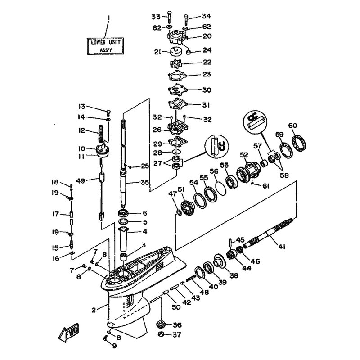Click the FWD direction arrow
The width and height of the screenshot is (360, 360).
[69, 332]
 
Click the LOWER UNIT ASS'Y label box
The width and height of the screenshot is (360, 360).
[106, 46]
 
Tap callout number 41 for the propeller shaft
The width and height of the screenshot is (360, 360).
[282, 247]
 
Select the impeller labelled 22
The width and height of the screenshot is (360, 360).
[175, 63]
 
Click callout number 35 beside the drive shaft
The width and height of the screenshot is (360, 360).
[144, 183]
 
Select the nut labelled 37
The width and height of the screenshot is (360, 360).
[162, 334]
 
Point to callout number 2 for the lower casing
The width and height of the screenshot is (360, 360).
[94, 310]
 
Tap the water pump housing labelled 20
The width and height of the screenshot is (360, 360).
[176, 37]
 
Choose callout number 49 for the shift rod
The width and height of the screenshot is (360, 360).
[81, 181]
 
